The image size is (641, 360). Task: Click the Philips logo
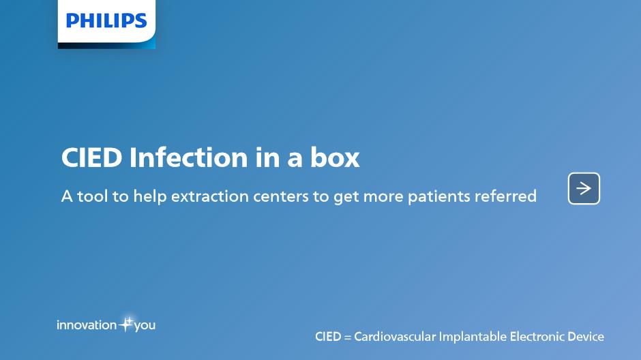[106, 21]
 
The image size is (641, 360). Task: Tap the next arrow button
[584, 188]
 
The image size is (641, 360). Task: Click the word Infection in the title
[188, 157]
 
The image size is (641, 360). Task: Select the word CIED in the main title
[91, 157]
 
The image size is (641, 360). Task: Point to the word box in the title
[335, 157]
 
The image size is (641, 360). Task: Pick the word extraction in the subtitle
[210, 196]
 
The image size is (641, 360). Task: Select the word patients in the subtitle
[438, 197]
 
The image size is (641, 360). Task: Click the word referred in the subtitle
[505, 196]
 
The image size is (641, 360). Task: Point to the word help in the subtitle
[150, 197]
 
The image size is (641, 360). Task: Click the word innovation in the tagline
[87, 325]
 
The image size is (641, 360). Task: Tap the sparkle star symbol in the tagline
[126, 324]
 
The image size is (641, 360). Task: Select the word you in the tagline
[145, 326]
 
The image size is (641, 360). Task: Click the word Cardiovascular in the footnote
[395, 337]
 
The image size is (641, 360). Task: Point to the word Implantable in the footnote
[473, 337]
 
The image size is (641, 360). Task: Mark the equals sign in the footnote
[348, 337]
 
